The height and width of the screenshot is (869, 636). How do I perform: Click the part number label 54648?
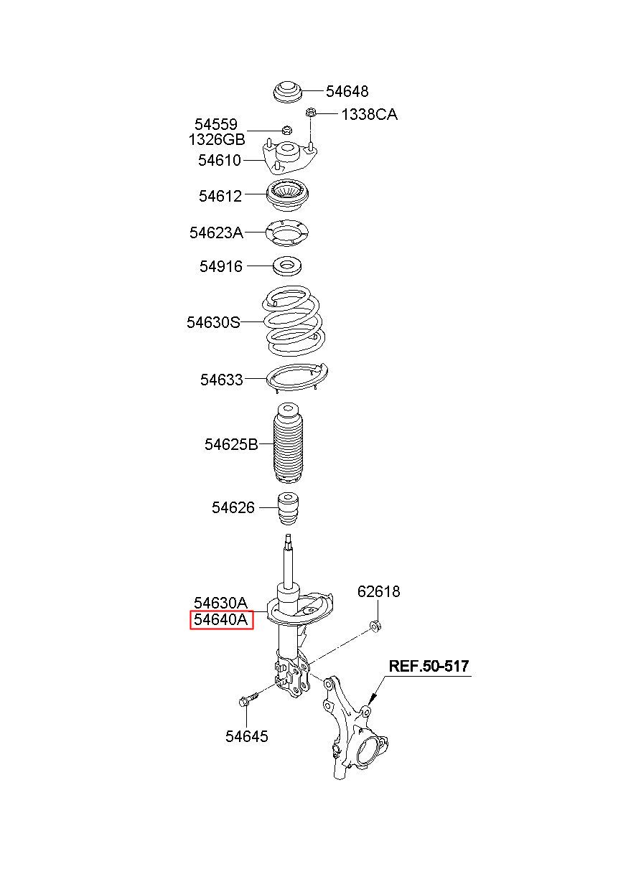(347, 91)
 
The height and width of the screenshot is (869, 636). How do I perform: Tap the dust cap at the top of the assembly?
(289, 95)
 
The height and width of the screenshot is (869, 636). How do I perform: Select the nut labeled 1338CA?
(311, 113)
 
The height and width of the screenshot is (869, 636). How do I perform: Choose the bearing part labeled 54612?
(289, 195)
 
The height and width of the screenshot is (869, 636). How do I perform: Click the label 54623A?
(216, 232)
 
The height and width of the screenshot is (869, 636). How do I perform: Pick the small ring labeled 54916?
(289, 267)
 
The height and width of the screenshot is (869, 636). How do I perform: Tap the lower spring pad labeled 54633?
(296, 379)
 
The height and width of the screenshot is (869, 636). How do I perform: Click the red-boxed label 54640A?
(222, 620)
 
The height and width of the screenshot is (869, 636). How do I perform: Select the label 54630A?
(220, 603)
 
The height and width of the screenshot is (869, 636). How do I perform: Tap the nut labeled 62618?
(374, 626)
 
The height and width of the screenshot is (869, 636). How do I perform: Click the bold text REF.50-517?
(429, 666)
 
